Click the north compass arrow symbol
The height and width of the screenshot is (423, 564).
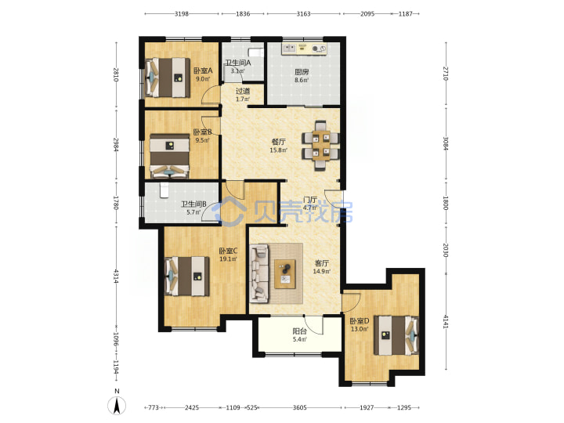click(x=117, y=407)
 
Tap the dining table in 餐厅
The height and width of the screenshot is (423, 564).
click(x=321, y=145)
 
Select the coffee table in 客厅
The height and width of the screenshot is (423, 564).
click(x=285, y=273)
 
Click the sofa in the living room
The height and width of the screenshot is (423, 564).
click(x=260, y=273)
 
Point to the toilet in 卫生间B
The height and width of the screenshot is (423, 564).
click(x=164, y=190)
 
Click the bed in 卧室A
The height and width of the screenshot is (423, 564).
click(x=168, y=78)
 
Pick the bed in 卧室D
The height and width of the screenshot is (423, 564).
click(x=396, y=335)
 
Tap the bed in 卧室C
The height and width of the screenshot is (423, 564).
click(x=186, y=276)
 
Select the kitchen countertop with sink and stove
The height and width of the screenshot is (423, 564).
click(x=304, y=49)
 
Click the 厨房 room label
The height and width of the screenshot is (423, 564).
click(x=302, y=72)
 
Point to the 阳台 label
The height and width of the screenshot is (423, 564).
click(x=299, y=331)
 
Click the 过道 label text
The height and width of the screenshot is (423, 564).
click(x=243, y=91)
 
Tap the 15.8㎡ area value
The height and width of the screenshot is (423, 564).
click(x=278, y=150)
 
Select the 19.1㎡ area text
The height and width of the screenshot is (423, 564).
click(x=228, y=258)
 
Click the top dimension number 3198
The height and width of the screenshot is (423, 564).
click(x=181, y=13)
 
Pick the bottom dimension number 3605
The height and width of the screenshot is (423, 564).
click(x=299, y=407)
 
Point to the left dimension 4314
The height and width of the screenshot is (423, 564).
click(x=115, y=275)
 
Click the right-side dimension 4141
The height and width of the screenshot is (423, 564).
click(x=446, y=321)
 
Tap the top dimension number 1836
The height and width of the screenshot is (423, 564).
click(x=243, y=13)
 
